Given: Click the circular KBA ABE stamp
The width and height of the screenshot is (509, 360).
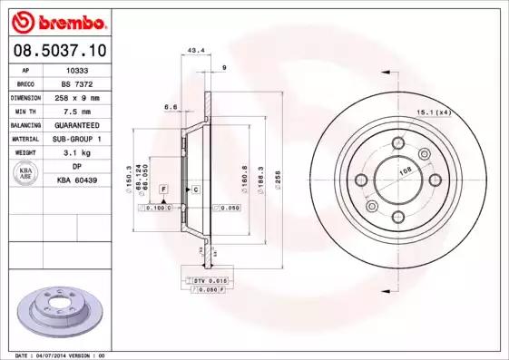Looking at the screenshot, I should [x=24, y=174].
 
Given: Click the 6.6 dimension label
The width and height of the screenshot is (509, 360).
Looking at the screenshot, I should [x=170, y=107].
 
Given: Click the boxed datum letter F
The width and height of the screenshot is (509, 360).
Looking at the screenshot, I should [x=163, y=189].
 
